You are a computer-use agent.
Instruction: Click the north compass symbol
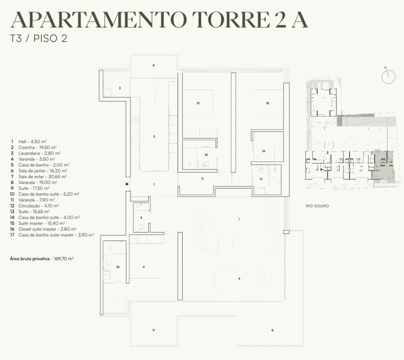click(x=388, y=76)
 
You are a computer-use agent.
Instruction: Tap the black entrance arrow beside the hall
click(x=127, y=184)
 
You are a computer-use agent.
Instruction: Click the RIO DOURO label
click(x=317, y=206)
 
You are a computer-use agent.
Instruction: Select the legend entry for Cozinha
click(x=33, y=147)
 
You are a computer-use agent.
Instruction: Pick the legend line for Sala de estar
click(x=38, y=176)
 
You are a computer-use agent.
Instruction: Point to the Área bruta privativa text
click(x=42, y=258)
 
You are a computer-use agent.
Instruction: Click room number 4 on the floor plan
click(x=154, y=65)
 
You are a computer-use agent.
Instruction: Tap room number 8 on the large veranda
click(x=272, y=330)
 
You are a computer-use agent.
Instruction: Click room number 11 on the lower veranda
click(x=154, y=330)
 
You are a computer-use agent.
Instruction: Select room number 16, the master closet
click(x=264, y=151)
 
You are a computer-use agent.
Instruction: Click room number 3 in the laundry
click(x=120, y=88)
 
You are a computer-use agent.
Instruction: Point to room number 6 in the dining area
click(x=239, y=278)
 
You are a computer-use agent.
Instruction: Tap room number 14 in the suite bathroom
click(x=206, y=155)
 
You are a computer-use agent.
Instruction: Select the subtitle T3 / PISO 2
click(x=38, y=38)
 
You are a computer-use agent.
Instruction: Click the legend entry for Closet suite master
click(x=43, y=229)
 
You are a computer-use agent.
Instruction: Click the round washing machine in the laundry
click(x=107, y=92)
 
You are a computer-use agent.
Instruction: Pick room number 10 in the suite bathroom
click(x=118, y=267)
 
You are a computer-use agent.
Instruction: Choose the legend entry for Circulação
click(x=34, y=206)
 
